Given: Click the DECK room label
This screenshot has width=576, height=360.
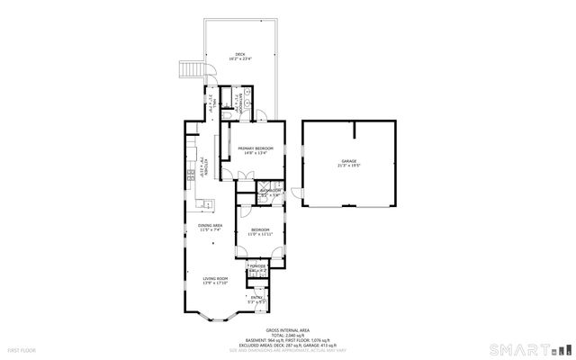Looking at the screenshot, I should pyautogui.click(x=240, y=55).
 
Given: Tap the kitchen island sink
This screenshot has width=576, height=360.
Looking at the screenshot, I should pyautogui.click(x=204, y=202).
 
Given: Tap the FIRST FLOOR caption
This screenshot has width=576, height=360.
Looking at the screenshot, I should pyautogui.click(x=22, y=349).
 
